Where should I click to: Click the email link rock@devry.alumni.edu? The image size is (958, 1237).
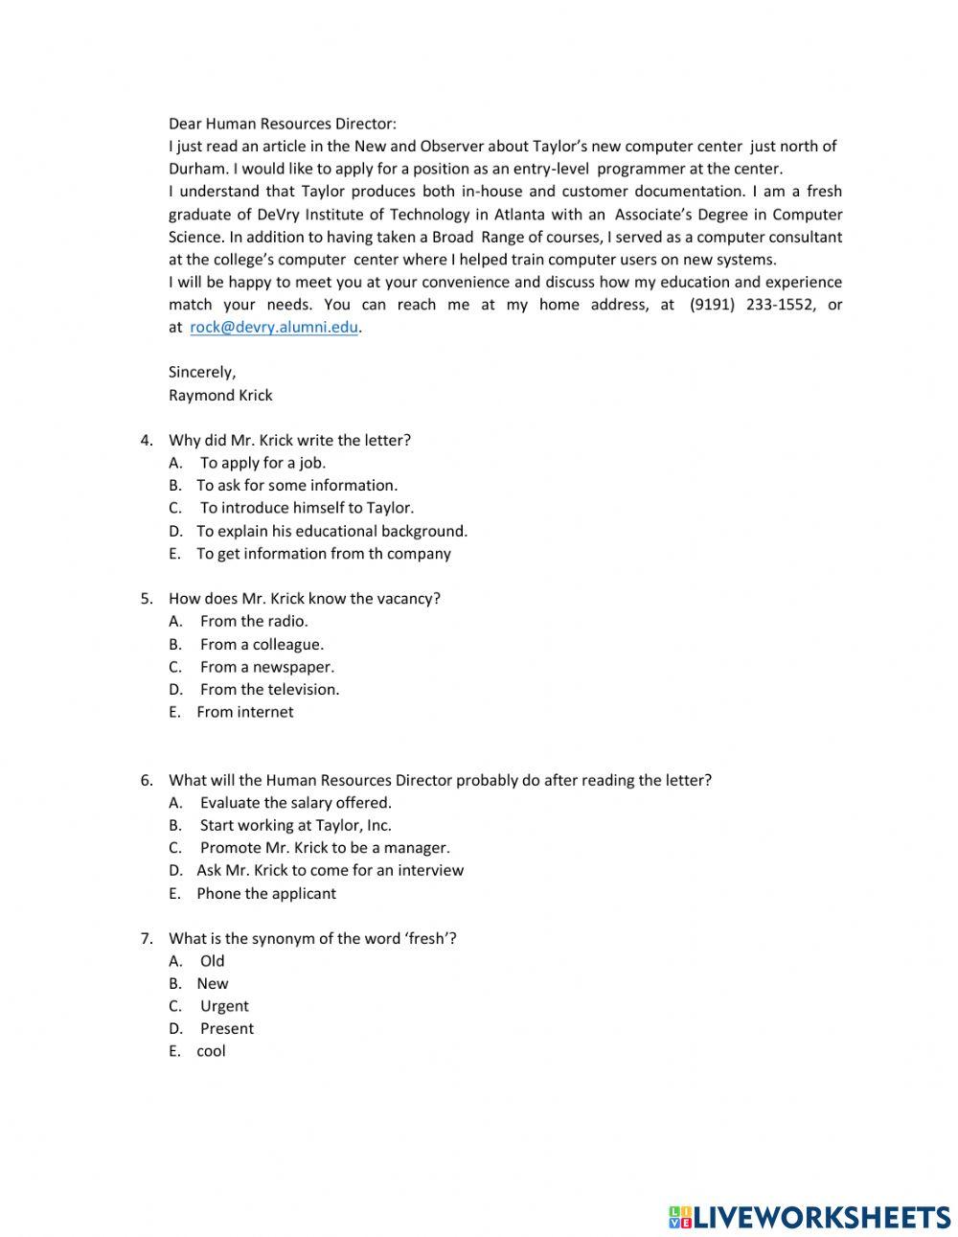click(274, 327)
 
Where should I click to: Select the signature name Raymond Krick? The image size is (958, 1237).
click(220, 395)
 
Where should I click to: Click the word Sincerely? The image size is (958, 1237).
click(201, 372)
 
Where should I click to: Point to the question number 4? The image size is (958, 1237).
click(146, 441)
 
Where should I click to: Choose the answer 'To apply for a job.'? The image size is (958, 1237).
click(262, 463)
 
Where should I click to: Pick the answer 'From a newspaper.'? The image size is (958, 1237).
click(266, 667)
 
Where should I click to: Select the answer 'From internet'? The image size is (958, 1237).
click(244, 712)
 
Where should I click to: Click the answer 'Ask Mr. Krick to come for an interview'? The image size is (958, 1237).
click(330, 870)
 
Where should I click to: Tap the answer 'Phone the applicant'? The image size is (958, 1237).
click(266, 893)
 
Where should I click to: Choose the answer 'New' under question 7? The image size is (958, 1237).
click(213, 983)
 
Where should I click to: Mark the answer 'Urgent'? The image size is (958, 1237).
click(224, 1006)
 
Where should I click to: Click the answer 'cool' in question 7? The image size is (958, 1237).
click(211, 1051)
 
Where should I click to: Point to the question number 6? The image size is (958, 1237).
click(146, 780)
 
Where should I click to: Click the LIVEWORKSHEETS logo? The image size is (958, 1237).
click(809, 1217)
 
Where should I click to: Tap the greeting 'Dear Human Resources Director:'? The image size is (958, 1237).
click(282, 124)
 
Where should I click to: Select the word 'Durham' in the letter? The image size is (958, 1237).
click(194, 169)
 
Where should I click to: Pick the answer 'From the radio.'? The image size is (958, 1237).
click(254, 621)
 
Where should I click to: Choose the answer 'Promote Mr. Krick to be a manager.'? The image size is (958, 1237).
click(325, 848)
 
